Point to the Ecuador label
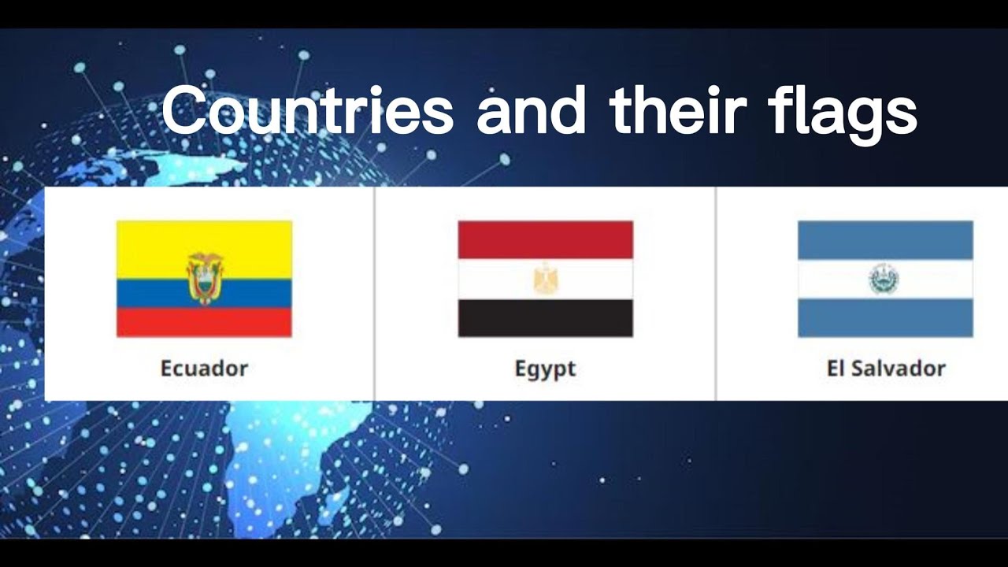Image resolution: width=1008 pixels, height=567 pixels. [x=204, y=368]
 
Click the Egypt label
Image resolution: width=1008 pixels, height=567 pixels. [x=545, y=369]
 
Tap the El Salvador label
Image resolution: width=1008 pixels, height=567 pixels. [x=885, y=368]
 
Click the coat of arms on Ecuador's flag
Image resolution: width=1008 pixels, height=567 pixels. [x=205, y=278]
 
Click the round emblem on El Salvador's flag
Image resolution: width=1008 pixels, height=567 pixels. [x=884, y=279]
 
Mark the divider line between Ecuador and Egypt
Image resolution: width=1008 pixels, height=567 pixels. [x=375, y=294]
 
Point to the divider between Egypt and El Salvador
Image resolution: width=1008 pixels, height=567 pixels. [x=716, y=294]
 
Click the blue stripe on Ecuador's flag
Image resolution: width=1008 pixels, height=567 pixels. [x=150, y=293]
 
